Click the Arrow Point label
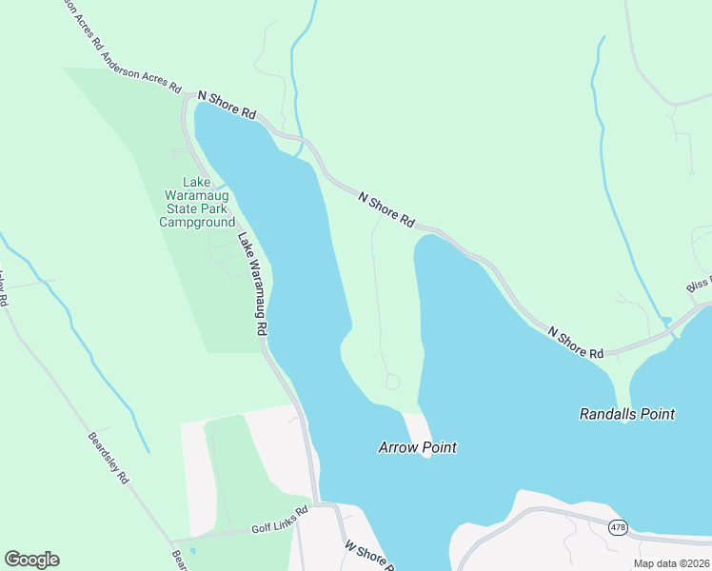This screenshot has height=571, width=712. point(417,447)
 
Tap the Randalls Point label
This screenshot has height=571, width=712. point(627,414)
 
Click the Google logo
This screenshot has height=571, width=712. point(31,560)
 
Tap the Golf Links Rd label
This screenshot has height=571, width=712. point(280,521)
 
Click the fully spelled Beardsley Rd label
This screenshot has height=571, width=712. point(108,459)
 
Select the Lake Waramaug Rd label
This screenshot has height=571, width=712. point(251,284)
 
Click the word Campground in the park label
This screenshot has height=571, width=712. point(196,223)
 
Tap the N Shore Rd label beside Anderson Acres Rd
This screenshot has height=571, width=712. point(227,105)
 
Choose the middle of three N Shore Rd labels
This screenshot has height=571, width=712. point(386,208)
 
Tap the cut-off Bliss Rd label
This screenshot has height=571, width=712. point(699,285)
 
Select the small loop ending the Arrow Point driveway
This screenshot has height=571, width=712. point(393,382)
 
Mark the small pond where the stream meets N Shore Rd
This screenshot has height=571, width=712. point(664,321)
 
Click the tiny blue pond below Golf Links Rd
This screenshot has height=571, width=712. point(192,550)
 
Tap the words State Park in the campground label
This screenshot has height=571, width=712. point(196,207)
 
